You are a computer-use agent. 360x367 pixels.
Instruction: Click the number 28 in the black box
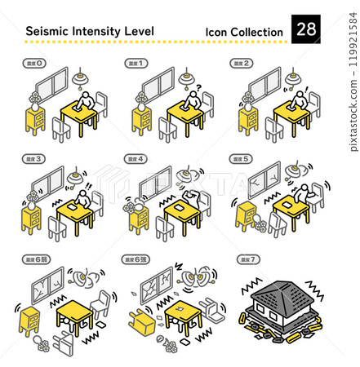point(306,30)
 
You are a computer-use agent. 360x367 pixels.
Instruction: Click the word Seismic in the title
point(50,32)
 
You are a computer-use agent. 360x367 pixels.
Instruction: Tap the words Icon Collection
point(244,33)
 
